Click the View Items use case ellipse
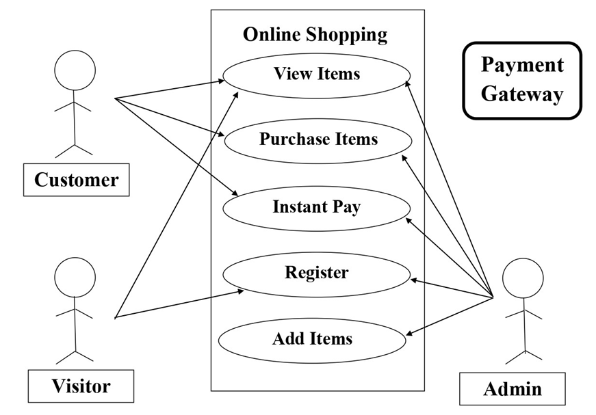tap(317, 74)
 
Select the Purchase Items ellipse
tap(318, 139)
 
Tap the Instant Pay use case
tap(316, 206)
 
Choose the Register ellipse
tap(316, 273)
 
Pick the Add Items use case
tap(312, 338)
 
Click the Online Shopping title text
tap(315, 34)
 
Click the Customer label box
tap(76, 180)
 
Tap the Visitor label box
tap(81, 386)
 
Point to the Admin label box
tap(513, 389)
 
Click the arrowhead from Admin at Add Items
tap(410, 334)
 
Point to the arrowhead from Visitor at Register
tap(241, 291)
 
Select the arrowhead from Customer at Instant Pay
tap(235, 195)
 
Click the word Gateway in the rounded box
tap(521, 94)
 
